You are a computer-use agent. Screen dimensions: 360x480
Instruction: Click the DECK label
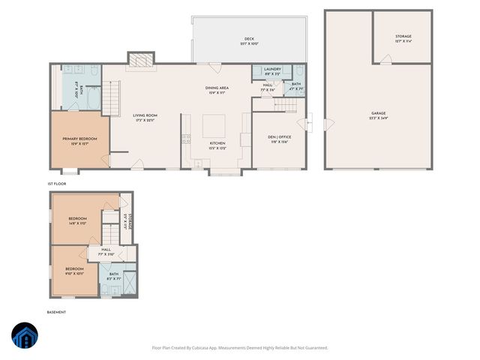(x=249, y=39)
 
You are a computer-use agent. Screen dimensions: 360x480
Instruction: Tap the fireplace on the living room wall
(x=140, y=59)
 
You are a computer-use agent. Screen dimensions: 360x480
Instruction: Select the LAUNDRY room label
(x=272, y=69)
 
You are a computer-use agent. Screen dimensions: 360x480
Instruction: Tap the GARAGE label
(x=378, y=113)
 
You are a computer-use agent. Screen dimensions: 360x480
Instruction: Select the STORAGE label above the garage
(x=403, y=36)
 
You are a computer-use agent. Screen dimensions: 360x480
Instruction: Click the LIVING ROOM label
(x=145, y=115)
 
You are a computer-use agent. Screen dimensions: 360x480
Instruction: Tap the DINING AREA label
(x=217, y=88)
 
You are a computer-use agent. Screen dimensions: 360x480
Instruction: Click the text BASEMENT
(x=57, y=312)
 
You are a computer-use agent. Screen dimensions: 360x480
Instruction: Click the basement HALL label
(x=106, y=250)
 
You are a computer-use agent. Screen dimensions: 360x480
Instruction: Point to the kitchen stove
(x=185, y=138)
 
